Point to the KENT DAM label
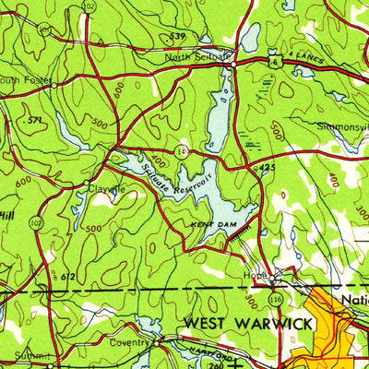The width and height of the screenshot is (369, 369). point(208,224)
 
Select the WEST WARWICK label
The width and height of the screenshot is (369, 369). point(248,323)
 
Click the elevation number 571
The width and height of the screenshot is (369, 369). point(36,120)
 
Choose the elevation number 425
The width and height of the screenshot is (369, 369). point(268,167)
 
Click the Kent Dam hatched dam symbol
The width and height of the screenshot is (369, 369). point(243,237)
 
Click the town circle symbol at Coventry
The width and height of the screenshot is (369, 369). point(157,341)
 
